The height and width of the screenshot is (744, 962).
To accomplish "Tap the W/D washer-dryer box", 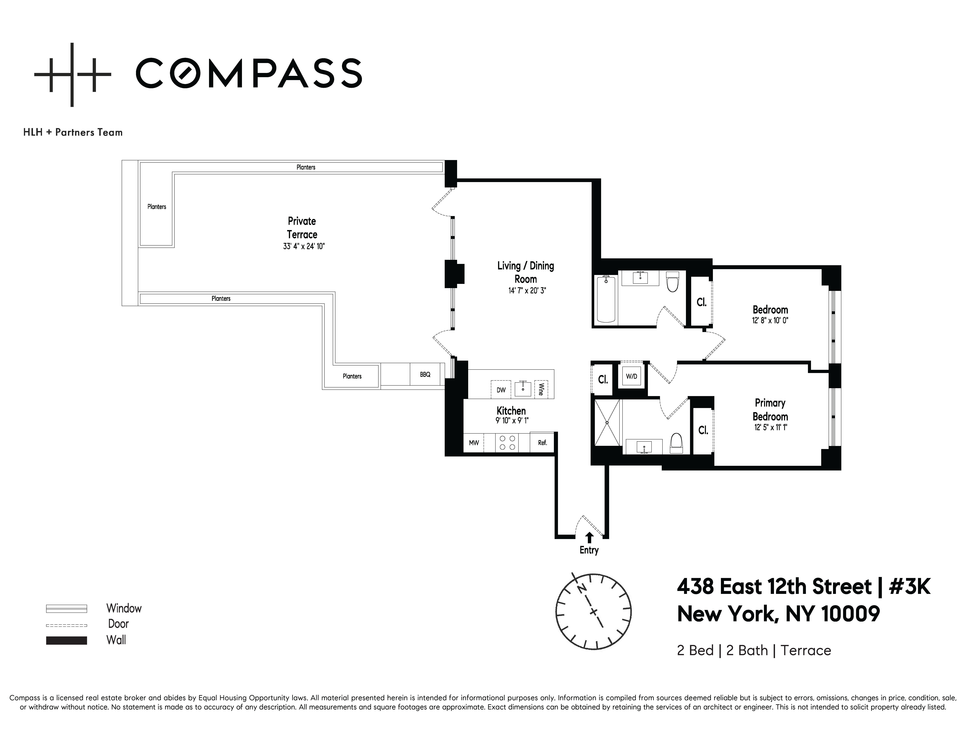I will pyautogui.click(x=631, y=376).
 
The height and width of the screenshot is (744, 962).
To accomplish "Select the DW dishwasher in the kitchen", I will pyautogui.click(x=501, y=390).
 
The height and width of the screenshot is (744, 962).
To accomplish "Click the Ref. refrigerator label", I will pyautogui.click(x=542, y=442).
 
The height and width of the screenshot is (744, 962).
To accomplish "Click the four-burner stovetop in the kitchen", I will pyautogui.click(x=507, y=442).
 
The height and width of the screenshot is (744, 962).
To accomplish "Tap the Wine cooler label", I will pyautogui.click(x=541, y=389).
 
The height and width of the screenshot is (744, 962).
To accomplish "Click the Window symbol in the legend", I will pyautogui.click(x=66, y=609).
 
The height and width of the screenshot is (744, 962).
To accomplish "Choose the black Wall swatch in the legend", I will pyautogui.click(x=66, y=640).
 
